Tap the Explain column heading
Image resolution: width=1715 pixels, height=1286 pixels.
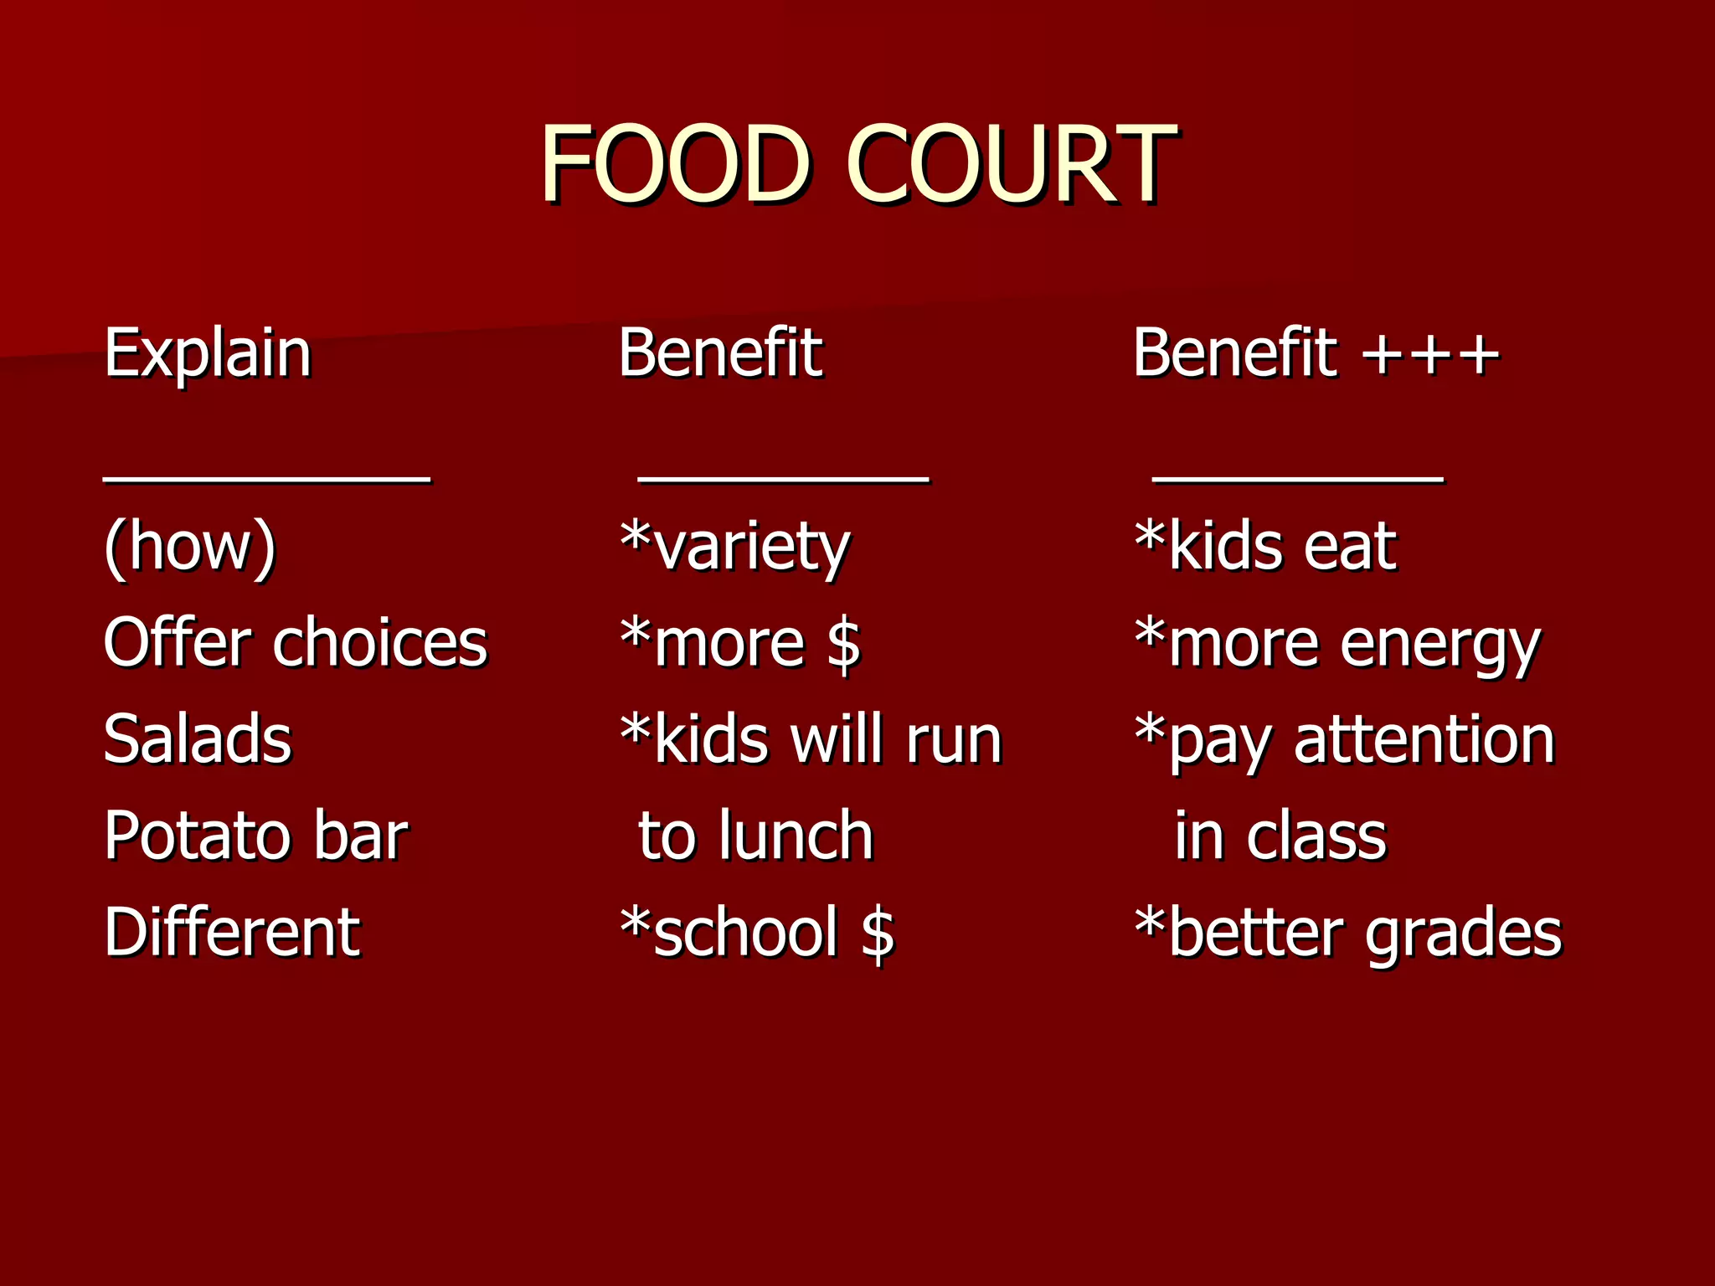tap(208, 353)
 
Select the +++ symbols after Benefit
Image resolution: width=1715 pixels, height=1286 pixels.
tap(1430, 355)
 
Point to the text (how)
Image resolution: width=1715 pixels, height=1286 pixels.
tap(190, 547)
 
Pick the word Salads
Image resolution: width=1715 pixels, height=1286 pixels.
tap(198, 739)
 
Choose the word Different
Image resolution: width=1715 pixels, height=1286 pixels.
tap(232, 932)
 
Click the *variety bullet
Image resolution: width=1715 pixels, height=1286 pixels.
tap(734, 547)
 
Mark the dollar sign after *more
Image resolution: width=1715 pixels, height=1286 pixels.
tap(843, 644)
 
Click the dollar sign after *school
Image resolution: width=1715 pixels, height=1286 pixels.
tap(878, 933)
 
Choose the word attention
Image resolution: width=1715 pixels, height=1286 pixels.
tap(1424, 740)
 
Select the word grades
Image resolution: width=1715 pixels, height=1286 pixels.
tap(1464, 934)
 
